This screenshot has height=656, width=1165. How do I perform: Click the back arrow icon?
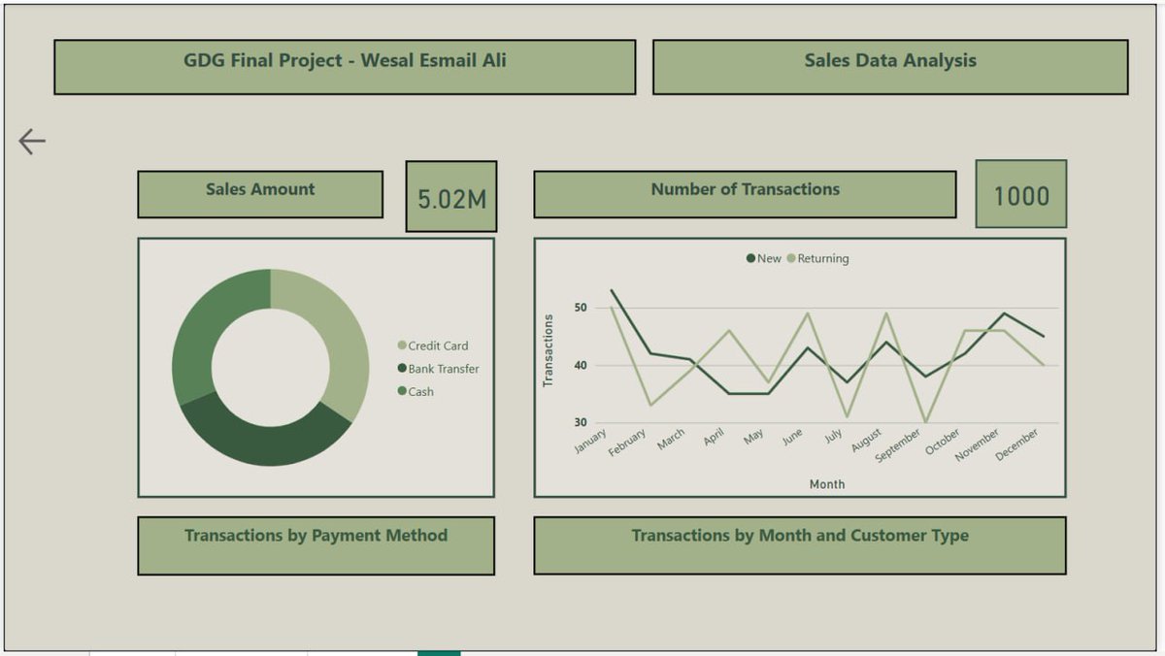click(32, 142)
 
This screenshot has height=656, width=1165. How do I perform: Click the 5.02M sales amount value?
click(451, 199)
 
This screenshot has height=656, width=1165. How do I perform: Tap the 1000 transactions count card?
click(1020, 196)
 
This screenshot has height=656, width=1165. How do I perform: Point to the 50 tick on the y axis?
click(581, 308)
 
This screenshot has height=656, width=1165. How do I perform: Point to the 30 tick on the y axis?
click(581, 422)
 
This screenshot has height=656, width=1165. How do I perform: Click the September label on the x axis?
click(898, 444)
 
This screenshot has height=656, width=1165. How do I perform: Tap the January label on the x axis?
click(590, 441)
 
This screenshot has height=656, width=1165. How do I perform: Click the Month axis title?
click(827, 483)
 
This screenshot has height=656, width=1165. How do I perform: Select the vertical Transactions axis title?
click(549, 350)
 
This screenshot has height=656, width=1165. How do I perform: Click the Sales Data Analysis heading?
click(889, 61)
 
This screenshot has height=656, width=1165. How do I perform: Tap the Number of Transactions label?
click(745, 190)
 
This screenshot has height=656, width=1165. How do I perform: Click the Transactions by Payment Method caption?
click(316, 536)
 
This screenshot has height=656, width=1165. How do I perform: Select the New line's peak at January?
click(612, 290)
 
